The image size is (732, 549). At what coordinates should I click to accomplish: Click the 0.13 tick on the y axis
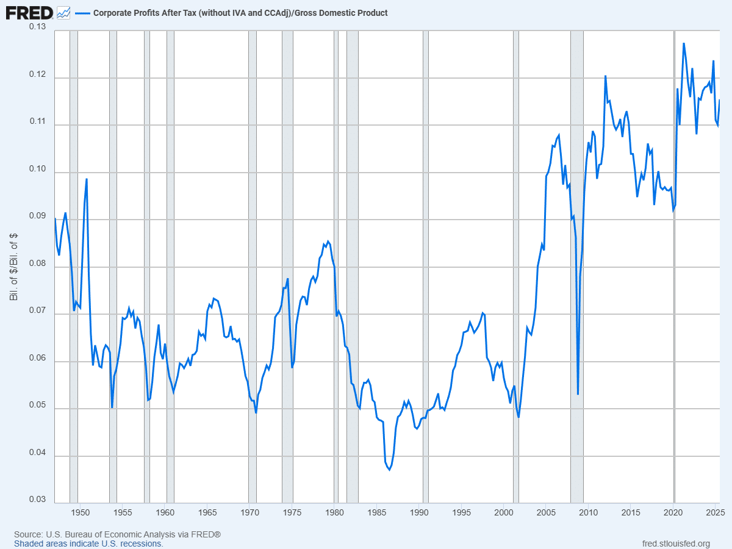coord(38,27)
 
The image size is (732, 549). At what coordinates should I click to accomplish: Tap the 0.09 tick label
coord(38,216)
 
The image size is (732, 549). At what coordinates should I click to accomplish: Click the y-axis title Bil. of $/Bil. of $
coord(13,267)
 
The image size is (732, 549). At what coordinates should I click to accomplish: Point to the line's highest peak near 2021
coord(684,43)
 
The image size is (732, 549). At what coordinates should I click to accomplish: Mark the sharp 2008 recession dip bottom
coord(578,393)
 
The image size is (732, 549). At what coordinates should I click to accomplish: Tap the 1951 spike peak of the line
coord(87,179)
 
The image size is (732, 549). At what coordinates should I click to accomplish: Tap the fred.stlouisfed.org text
coord(676,544)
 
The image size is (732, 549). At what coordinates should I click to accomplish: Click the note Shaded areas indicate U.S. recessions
coord(88,544)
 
